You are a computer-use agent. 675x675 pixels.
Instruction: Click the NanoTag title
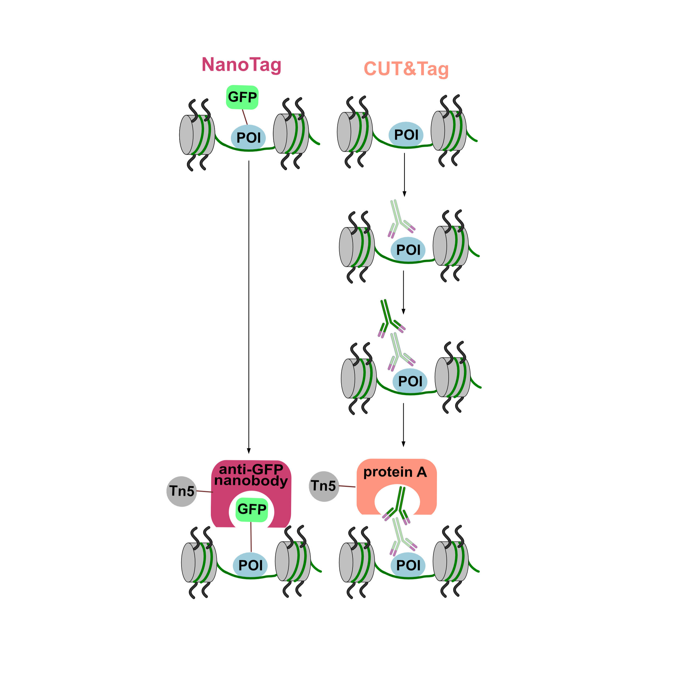click(x=241, y=65)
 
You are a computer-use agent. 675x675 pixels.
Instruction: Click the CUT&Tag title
click(x=406, y=69)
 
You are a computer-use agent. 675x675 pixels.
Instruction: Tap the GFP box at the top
click(x=242, y=97)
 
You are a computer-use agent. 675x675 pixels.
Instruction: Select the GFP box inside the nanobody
click(x=252, y=509)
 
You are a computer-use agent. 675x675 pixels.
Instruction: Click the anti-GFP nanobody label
click(x=251, y=475)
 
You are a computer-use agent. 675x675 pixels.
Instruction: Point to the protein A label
click(x=395, y=472)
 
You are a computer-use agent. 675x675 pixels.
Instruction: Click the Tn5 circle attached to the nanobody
click(x=182, y=491)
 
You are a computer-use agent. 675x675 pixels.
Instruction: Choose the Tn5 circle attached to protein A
click(x=324, y=486)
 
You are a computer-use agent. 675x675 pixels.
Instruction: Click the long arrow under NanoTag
click(x=249, y=307)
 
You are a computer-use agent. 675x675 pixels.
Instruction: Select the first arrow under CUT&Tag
click(x=404, y=175)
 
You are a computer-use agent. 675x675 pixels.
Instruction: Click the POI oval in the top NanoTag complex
click(x=248, y=138)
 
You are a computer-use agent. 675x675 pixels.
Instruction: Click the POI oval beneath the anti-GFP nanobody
click(x=250, y=565)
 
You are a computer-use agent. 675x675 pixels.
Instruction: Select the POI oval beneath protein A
click(x=408, y=565)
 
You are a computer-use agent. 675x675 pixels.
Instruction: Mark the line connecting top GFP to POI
click(x=245, y=117)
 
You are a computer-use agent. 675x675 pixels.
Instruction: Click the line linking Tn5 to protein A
click(x=347, y=486)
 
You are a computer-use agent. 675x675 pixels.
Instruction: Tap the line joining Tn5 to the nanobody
click(x=205, y=492)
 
